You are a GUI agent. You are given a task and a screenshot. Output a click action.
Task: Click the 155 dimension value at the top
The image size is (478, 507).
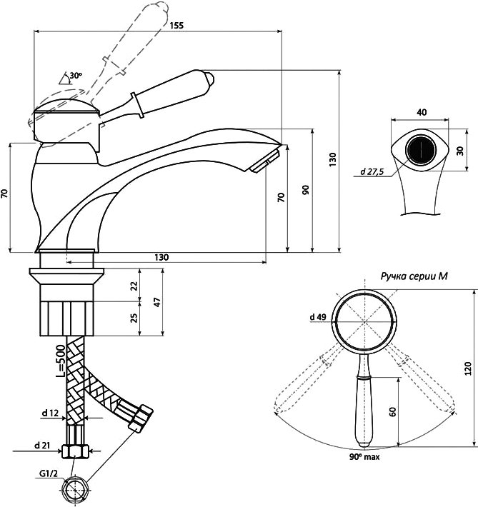pos(176,25)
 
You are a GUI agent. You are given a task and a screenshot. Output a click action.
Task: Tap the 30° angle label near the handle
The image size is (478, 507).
pos(76,76)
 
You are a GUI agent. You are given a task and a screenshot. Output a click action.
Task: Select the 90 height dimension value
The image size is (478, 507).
pos(306,190)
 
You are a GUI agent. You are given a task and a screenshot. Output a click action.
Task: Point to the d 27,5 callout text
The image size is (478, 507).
pos(372,171)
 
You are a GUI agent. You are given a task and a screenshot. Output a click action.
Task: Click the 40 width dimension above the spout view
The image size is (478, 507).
pos(422,112)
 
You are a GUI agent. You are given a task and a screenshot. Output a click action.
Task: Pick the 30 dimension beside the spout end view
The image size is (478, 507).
pos(460,151)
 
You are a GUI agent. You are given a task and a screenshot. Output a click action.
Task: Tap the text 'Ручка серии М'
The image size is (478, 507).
pos(414,276)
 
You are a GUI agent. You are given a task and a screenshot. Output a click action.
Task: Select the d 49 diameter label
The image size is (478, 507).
pos(318,317)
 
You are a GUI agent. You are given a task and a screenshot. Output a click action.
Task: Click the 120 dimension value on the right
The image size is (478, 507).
pos(468,368)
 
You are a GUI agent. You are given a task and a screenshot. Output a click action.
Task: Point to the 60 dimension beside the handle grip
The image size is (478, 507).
pos(392,412)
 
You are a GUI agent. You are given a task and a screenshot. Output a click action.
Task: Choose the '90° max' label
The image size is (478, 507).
pos(364,457)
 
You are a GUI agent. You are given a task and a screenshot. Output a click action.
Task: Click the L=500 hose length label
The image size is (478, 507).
pos(61,361)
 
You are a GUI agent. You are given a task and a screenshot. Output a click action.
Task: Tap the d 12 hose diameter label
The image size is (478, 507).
pos(50,413)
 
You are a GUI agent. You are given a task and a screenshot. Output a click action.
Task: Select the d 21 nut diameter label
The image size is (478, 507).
pos(42,446)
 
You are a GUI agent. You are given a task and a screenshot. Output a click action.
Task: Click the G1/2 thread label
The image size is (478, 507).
pos(49,474)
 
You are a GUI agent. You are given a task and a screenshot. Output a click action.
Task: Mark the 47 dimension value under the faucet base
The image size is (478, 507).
pos(157,302)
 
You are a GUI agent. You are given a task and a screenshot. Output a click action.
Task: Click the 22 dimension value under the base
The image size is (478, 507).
pos(134,285)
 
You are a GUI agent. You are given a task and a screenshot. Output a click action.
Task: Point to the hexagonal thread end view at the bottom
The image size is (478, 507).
pos(76,490)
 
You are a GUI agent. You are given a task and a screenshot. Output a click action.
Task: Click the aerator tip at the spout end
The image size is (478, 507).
pos(264,161)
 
